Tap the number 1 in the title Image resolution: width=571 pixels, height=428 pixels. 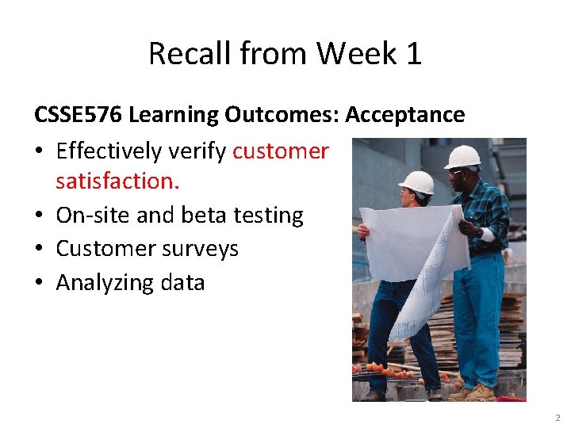(412, 54)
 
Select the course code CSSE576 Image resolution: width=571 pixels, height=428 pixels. (78, 115)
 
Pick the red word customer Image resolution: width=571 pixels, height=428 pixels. (281, 151)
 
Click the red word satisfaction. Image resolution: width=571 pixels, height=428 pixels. (117, 181)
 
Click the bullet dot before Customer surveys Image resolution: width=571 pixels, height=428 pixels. (40, 249)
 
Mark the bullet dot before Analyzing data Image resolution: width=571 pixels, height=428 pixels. (40, 282)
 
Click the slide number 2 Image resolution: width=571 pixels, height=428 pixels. (558, 417)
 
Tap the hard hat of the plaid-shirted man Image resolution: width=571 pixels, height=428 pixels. (463, 156)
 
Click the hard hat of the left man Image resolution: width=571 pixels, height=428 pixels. (416, 182)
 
